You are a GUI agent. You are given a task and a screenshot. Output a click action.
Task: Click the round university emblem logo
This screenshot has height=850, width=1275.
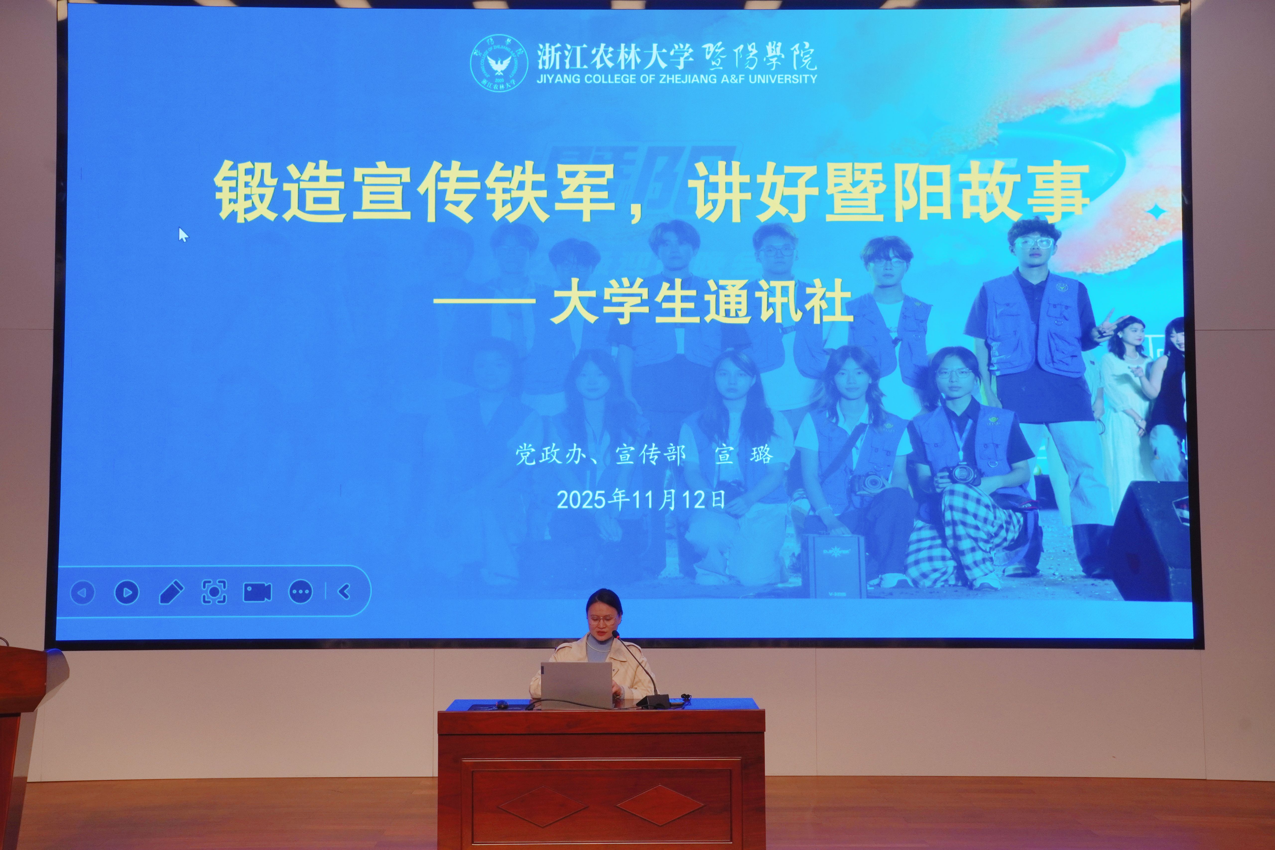tap(499, 64)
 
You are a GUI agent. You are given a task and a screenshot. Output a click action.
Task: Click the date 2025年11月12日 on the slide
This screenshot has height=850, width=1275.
tap(641, 499)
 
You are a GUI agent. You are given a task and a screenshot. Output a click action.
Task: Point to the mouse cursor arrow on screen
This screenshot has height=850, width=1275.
tap(183, 235)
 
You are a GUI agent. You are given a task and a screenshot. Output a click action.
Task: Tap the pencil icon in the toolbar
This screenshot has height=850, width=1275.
tap(171, 592)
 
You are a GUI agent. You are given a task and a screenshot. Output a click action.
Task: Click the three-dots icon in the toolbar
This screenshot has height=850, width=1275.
tap(301, 592)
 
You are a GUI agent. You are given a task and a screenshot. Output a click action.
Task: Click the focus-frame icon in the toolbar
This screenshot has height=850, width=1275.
tap(214, 592)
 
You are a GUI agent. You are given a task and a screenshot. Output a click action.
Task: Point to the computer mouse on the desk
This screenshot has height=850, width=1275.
tap(502, 705)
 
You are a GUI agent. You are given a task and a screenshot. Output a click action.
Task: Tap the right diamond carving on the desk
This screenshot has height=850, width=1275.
tap(660, 806)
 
